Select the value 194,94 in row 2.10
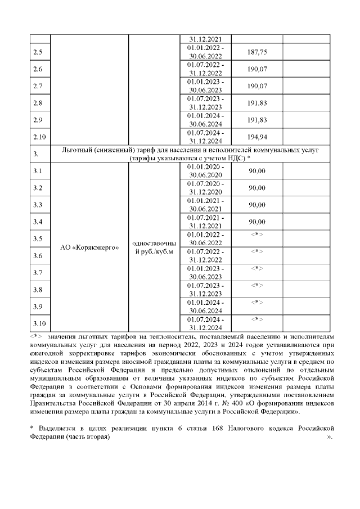pos(256,137)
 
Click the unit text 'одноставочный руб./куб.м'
pos(154,247)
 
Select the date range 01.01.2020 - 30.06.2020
pos(206,171)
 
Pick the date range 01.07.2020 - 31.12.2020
pos(206,188)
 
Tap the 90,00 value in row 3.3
pos(256,205)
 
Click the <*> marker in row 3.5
pos(256,235)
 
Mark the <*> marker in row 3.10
pos(256,319)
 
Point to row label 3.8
pos(38,290)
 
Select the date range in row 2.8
pos(206,103)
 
